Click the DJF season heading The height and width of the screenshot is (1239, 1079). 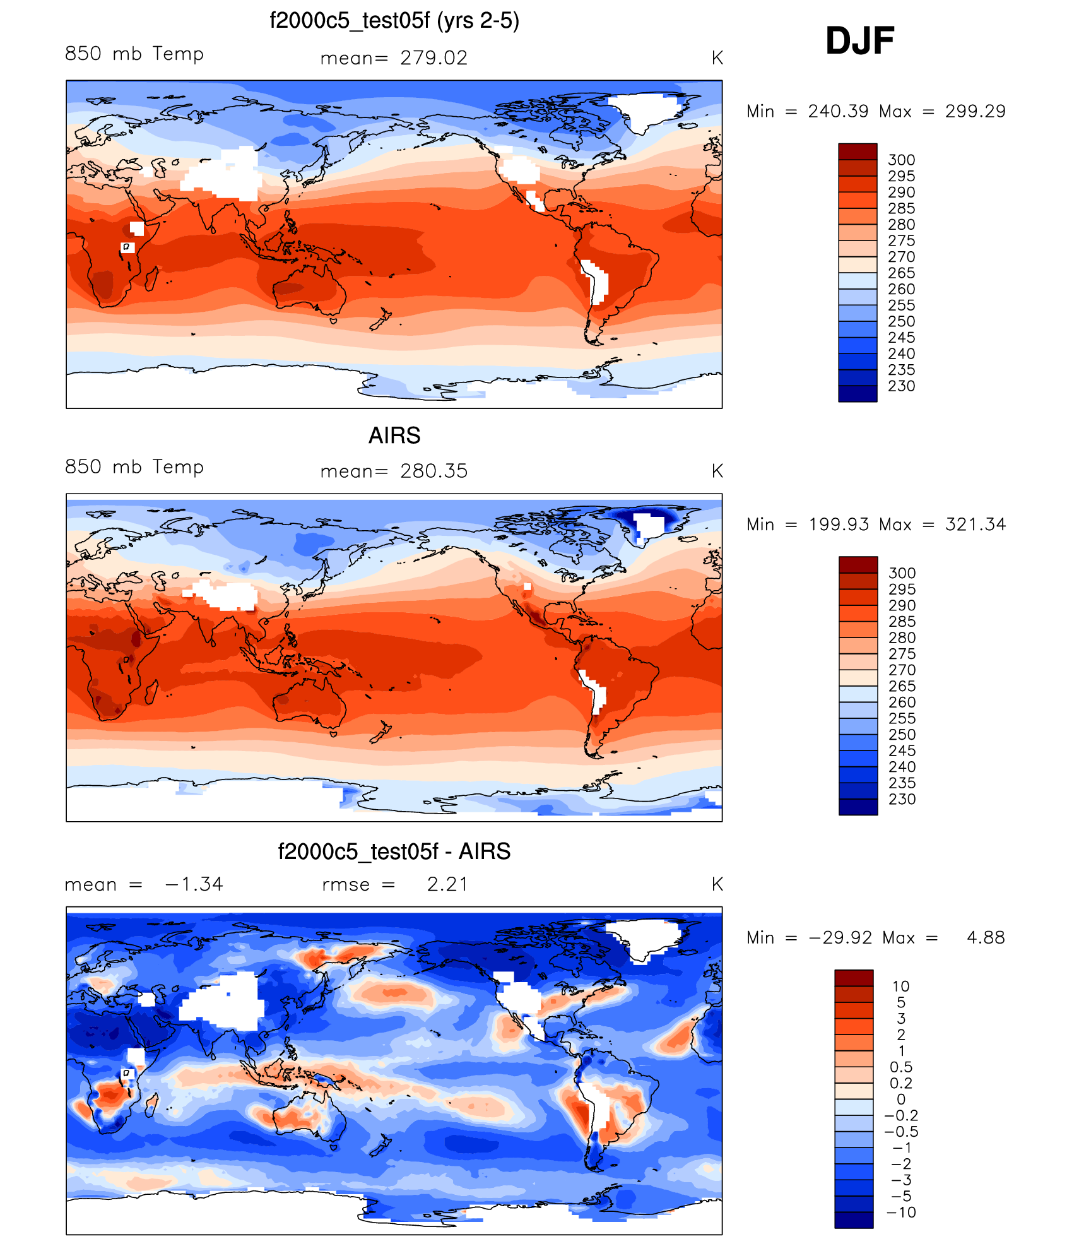[859, 41]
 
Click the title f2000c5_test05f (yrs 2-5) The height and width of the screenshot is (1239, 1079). [394, 21]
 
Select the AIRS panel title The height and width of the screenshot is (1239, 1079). [394, 436]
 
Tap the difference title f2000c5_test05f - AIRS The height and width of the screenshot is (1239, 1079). [394, 851]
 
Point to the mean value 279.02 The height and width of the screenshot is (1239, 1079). [433, 58]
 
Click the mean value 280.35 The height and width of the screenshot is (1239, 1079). [433, 471]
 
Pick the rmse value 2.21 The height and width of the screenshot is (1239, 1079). [447, 884]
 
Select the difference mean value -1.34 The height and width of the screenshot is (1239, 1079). [194, 884]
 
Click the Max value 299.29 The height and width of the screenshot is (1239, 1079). [975, 112]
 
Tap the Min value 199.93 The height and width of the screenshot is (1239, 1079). [839, 525]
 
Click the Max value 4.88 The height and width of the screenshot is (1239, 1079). [986, 938]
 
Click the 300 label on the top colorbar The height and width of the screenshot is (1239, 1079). [901, 160]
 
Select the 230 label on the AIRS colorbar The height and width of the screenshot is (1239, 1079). [902, 799]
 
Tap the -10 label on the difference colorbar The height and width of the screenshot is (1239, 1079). [901, 1212]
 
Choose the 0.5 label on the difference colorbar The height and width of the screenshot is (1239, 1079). [901, 1067]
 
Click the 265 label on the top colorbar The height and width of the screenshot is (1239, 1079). [901, 273]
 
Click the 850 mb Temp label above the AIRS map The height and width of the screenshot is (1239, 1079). [134, 467]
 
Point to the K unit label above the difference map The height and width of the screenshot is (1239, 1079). [717, 884]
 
